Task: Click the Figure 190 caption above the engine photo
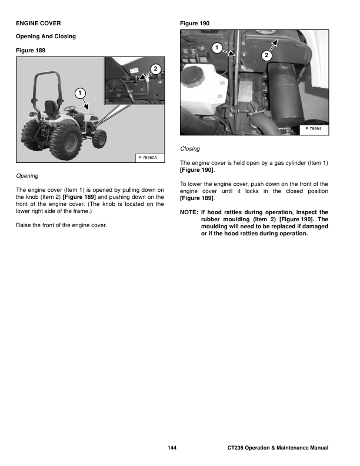click(x=194, y=24)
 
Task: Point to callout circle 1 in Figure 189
click(x=79, y=92)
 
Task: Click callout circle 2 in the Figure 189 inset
click(x=155, y=69)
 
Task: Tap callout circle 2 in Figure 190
click(x=266, y=55)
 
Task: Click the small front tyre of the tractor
click(x=101, y=138)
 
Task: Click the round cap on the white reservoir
click(x=193, y=73)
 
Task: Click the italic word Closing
click(x=190, y=149)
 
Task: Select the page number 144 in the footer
click(x=172, y=448)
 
